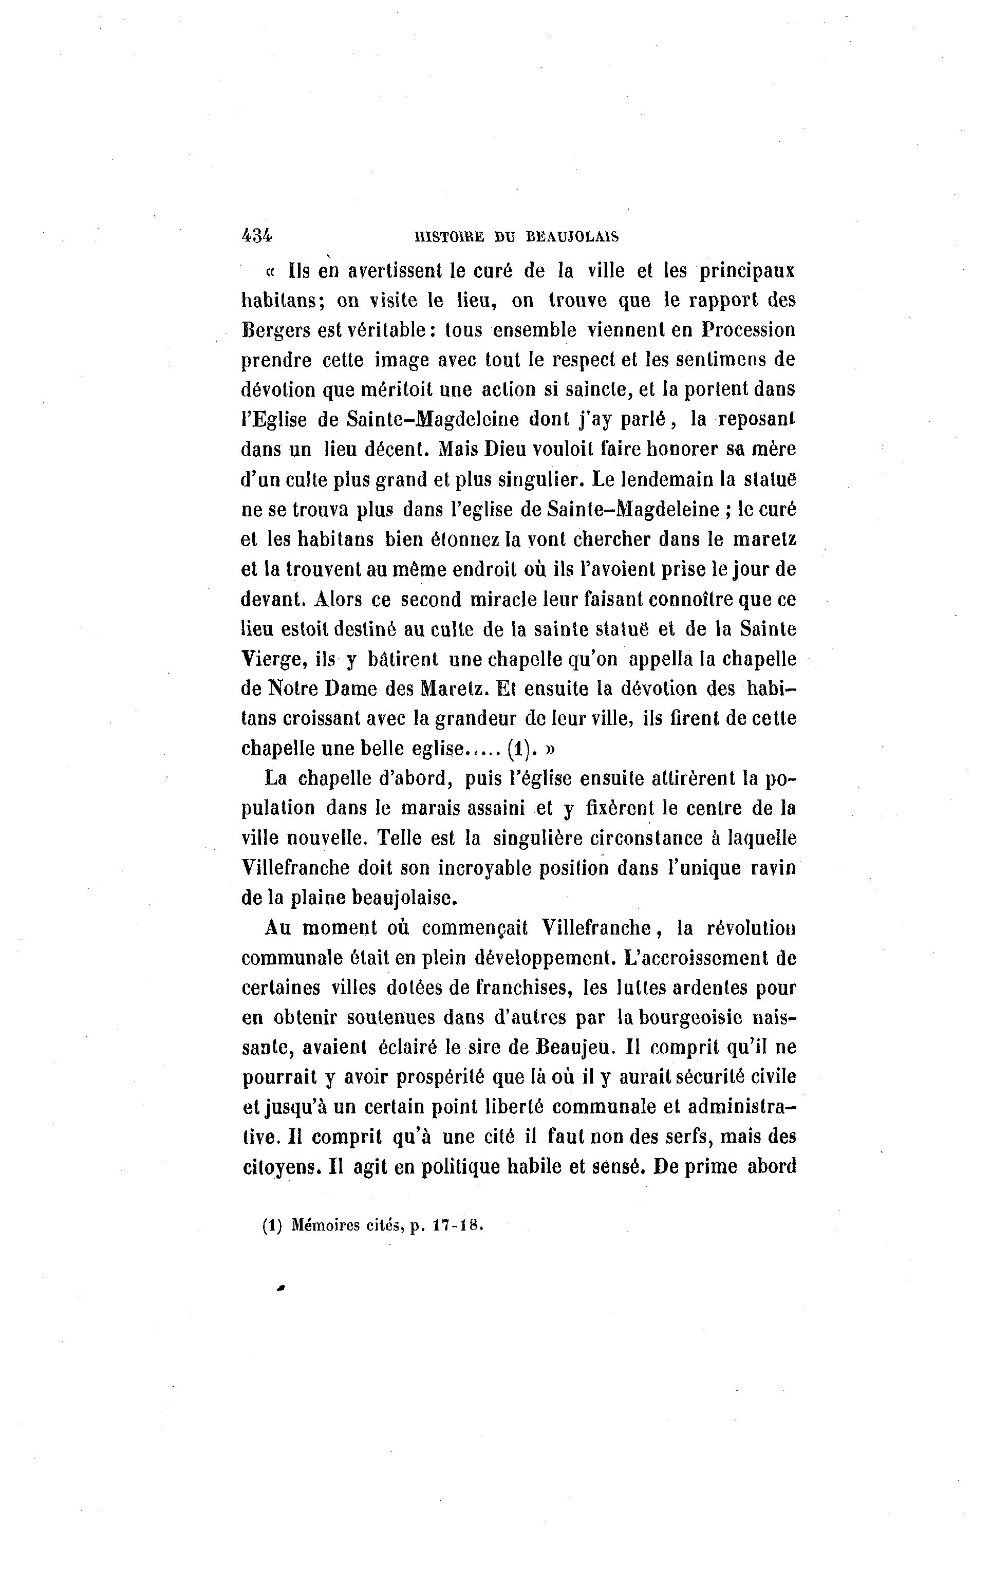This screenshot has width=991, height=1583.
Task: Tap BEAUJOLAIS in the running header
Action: (x=572, y=237)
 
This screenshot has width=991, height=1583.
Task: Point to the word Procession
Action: (x=749, y=329)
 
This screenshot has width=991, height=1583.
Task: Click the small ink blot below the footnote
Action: (x=282, y=1288)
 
